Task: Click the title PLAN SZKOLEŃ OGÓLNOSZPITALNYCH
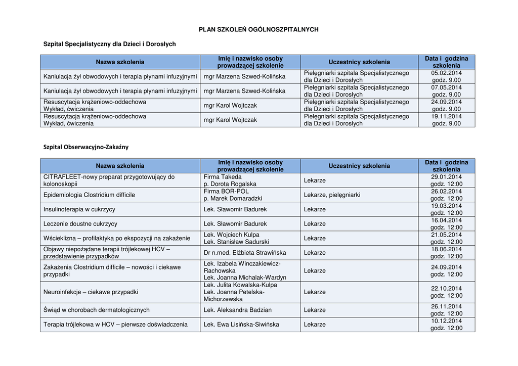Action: pos(258,29)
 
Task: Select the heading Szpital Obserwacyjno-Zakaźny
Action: pos(86,147)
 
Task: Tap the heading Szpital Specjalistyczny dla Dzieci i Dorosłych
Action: pos(110,44)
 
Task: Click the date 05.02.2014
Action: pos(446,73)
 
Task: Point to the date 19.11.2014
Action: pos(446,116)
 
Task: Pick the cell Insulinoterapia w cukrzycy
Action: pos(79,209)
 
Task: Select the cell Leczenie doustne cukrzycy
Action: pos(80,223)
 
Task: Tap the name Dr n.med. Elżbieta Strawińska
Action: pos(245,253)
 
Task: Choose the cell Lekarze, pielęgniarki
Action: pos(332,195)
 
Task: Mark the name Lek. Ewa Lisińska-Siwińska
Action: pos(241,325)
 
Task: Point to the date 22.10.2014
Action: pos(446,288)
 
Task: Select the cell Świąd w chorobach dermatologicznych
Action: pos(97,310)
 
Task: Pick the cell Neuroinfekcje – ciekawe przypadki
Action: pos(91,292)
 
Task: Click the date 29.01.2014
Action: pos(446,177)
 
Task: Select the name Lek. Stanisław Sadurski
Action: pos(236,242)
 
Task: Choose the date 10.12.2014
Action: pos(446,321)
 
